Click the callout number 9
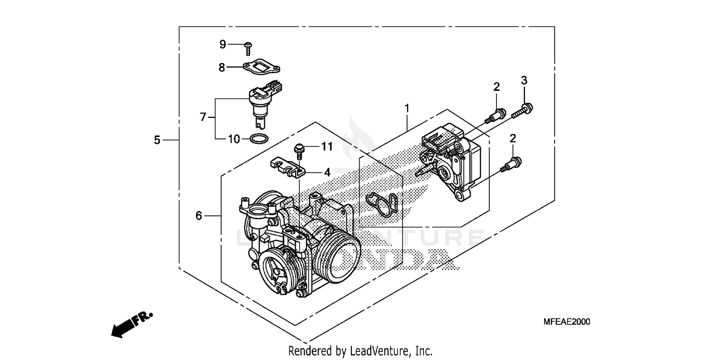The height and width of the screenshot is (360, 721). [x=223, y=44]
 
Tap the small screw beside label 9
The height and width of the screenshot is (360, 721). [x=248, y=48]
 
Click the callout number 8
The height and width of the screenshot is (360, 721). [x=222, y=68]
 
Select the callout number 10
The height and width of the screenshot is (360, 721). [x=234, y=139]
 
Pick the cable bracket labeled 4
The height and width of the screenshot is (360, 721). [x=286, y=167]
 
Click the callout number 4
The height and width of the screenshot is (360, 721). [x=327, y=172]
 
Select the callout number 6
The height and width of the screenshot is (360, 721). [x=199, y=216]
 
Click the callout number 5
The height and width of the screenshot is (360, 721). [x=157, y=140]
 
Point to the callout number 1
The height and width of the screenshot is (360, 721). [x=407, y=109]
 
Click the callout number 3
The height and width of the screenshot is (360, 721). [x=524, y=80]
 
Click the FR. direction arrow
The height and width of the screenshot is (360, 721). [x=131, y=323]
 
